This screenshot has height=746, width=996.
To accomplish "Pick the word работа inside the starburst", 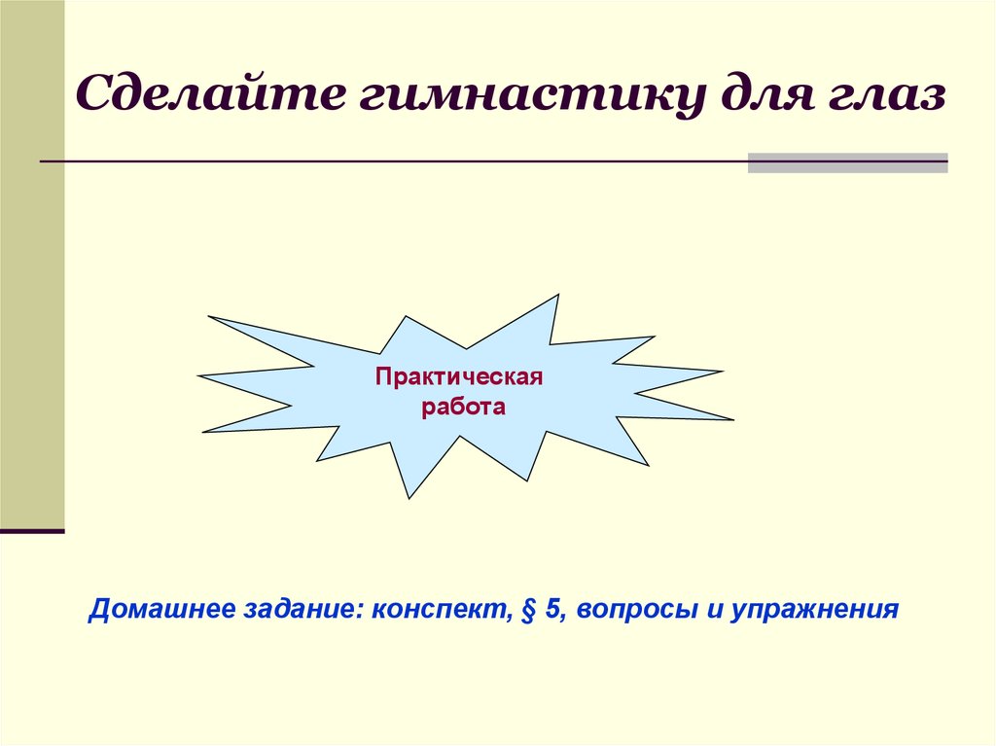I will tap(464, 406).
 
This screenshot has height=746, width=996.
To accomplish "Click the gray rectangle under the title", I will tap(847, 162).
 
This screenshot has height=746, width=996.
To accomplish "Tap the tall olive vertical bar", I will tap(32, 263).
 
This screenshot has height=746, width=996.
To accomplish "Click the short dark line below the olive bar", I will tap(32, 531).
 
